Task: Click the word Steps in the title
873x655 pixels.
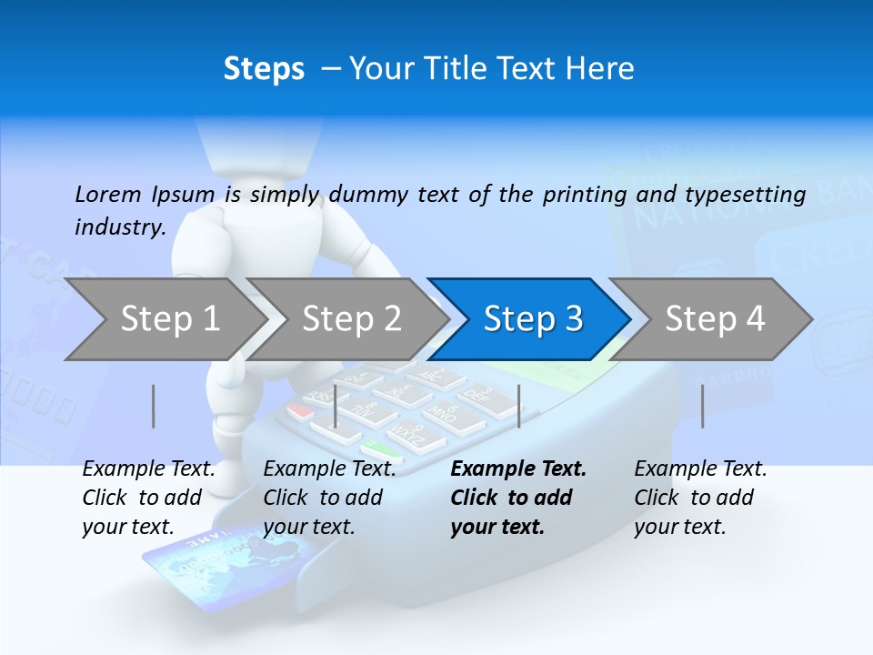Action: (x=264, y=69)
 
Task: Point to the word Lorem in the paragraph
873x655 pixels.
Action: (x=107, y=195)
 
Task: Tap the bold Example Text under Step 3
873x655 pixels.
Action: (x=518, y=469)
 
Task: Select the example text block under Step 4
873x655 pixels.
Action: (x=700, y=498)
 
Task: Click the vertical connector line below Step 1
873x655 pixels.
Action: (x=154, y=406)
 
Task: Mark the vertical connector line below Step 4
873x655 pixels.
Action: (x=702, y=406)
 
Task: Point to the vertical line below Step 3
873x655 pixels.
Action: (x=519, y=406)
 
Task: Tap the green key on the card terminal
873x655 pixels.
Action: (x=380, y=448)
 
